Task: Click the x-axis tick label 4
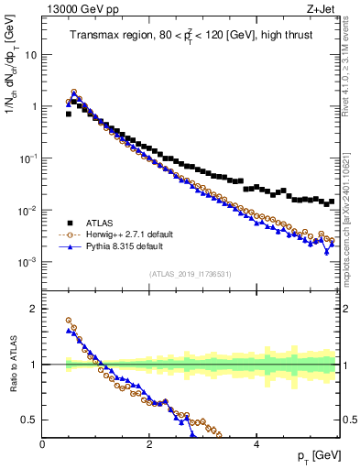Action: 256,444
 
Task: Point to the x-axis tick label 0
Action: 42,444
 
